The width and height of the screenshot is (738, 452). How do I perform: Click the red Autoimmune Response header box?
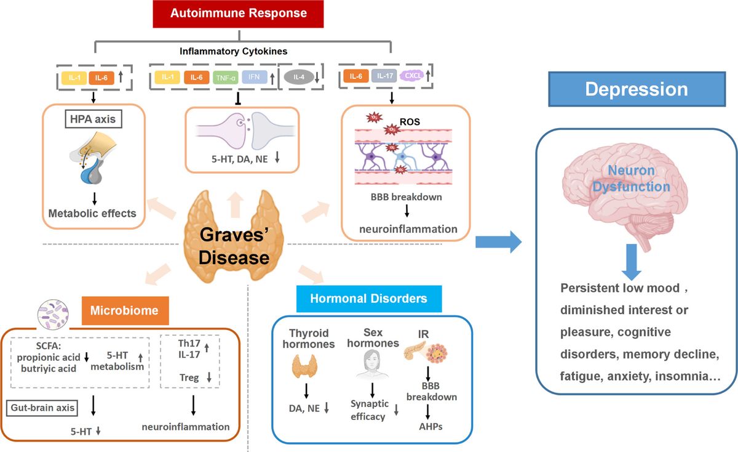[238, 13]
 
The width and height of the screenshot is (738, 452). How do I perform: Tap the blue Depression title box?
[636, 89]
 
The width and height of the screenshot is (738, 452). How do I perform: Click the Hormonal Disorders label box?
[368, 299]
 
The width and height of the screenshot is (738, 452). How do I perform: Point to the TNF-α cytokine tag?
[223, 78]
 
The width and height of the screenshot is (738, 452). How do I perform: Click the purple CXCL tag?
[410, 76]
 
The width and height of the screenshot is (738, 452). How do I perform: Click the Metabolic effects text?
[93, 214]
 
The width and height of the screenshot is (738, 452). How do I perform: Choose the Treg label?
[189, 377]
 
